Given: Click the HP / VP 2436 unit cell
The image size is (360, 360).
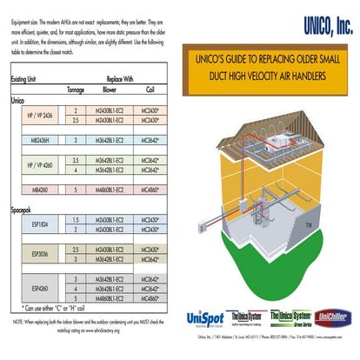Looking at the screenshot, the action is [x=38, y=117].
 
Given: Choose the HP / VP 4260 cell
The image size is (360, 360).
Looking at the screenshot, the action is [x=38, y=166].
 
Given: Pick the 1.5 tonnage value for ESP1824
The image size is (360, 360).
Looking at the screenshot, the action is [x=77, y=220].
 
